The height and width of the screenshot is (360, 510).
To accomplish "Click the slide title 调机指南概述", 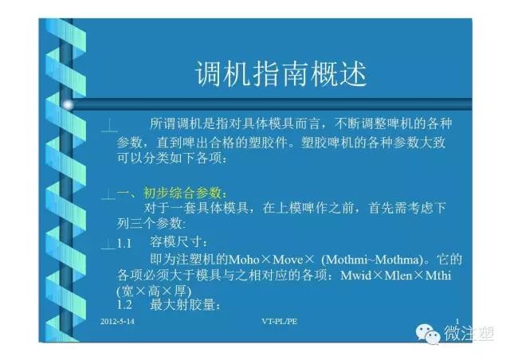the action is click(281, 74).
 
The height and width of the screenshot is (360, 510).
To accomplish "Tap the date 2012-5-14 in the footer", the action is click(117, 322).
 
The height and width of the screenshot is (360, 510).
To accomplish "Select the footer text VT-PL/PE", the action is click(280, 322).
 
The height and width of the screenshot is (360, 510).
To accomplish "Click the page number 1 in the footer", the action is click(457, 321).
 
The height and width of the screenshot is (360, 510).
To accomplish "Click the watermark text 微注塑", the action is click(469, 333).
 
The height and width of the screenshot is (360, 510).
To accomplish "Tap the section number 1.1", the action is click(124, 243).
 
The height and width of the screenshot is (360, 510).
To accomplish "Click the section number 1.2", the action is click(124, 305).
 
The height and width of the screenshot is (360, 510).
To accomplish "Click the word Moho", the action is click(245, 260).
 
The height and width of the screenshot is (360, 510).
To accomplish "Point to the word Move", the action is click(288, 260).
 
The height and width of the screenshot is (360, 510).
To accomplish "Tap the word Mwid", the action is click(356, 276).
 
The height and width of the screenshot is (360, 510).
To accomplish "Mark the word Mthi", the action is click(438, 276).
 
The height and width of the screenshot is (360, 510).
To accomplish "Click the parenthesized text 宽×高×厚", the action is click(154, 291).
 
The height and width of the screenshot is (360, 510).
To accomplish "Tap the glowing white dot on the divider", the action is click(68, 104).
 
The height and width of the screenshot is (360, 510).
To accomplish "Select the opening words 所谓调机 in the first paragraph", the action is click(175, 124).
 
